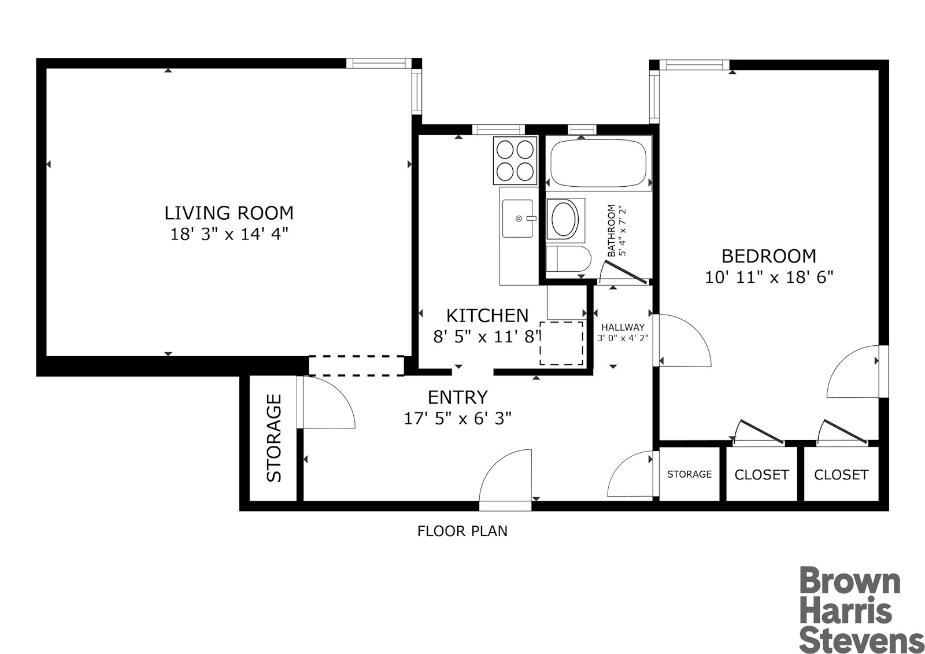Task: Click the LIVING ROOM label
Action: [x=229, y=213]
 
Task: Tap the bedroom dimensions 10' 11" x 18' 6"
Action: [x=769, y=278]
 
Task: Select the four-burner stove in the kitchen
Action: [x=515, y=160]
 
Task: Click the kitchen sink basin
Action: [x=517, y=219]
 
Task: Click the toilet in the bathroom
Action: [x=568, y=258]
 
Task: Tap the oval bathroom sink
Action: [x=563, y=219]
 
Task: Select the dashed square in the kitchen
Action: [x=561, y=343]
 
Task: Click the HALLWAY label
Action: [x=623, y=327]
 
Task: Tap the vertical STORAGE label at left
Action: [x=273, y=438]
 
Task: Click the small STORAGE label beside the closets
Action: [x=689, y=474]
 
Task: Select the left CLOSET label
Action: [x=761, y=475]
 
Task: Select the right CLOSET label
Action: [x=841, y=475]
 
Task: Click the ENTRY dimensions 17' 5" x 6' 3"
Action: [x=457, y=419]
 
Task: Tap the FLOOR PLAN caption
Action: [x=462, y=531]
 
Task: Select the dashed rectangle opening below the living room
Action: [x=356, y=365]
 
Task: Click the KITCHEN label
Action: [x=487, y=315]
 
